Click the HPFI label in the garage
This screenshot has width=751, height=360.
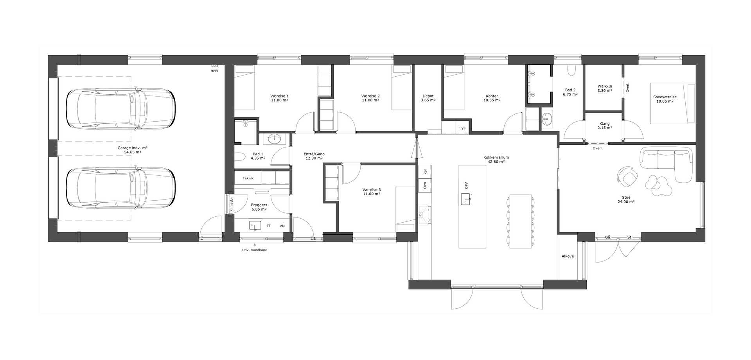pos(214,71)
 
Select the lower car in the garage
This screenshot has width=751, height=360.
pos(120,188)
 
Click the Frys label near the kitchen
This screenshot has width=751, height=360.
pos(462,128)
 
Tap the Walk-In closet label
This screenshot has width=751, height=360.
pos(605,86)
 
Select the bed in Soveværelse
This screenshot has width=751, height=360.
pos(673,103)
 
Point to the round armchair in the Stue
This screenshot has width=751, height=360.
pos(627,176)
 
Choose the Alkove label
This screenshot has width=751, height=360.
pos(568,256)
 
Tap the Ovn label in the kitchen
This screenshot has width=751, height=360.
pos(425,185)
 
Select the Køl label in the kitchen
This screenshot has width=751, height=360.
pos(425,171)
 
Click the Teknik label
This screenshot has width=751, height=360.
pos(248,178)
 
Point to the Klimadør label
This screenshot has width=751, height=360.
pos(232,204)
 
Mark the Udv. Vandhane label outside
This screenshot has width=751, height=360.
pos(255,250)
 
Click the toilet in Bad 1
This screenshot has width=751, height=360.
pos(240,157)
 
